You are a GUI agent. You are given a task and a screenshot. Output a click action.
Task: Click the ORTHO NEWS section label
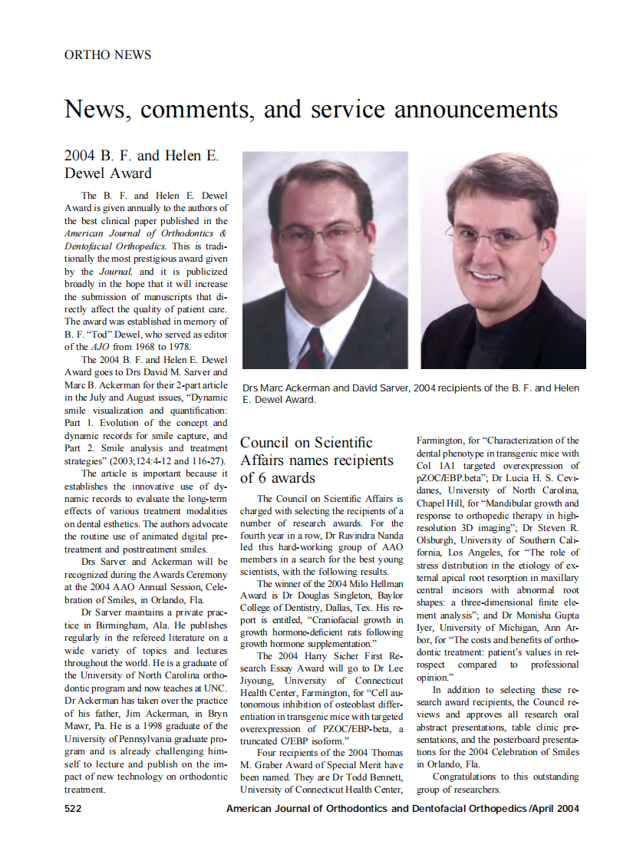pos(107,54)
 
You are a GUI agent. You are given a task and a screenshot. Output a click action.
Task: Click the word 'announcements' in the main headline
pos(476,109)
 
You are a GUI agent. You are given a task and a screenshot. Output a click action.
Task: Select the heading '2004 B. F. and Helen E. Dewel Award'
pos(141,164)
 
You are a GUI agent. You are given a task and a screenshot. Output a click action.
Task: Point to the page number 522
pos(74,808)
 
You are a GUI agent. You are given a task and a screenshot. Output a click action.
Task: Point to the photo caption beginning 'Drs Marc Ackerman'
pos(411,394)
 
